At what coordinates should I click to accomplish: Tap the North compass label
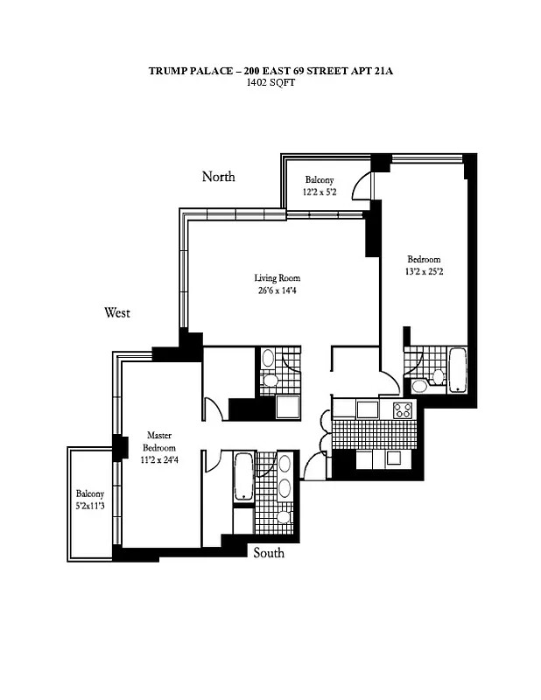[219, 177]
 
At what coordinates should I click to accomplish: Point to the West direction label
[117, 312]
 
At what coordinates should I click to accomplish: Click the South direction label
[269, 553]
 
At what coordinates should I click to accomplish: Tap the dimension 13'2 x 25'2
[424, 272]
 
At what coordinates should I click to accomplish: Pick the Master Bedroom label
[158, 441]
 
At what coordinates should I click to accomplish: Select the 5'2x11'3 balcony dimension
[90, 505]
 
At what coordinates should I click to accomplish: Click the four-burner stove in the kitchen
[403, 409]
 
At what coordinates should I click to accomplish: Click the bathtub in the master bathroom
[242, 477]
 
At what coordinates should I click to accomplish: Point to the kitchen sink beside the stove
[367, 409]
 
